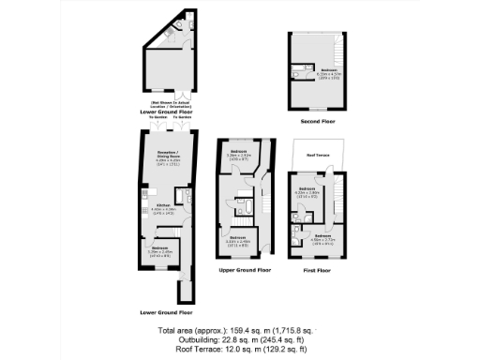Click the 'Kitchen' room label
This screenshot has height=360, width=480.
[x=162, y=203]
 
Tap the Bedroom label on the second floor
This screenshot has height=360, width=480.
[x=327, y=70]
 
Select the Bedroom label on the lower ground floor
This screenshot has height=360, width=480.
[x=159, y=249]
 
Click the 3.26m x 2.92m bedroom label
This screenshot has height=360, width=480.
[x=240, y=153]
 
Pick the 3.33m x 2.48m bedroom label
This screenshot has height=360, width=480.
[x=239, y=240]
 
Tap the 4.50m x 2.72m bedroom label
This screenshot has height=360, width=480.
[x=322, y=236]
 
